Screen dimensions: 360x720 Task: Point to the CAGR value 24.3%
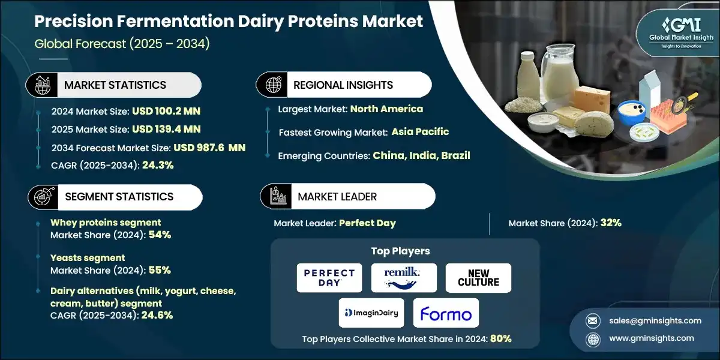158,165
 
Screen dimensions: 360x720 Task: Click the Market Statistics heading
115,85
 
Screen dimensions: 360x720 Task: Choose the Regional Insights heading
343,85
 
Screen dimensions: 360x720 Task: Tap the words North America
386,109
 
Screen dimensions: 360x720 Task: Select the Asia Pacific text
420,131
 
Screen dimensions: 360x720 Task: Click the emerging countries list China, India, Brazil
421,155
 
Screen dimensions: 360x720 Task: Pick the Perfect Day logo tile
329,278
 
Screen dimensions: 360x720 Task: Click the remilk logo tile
404,278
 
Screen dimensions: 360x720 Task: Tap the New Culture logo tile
478,278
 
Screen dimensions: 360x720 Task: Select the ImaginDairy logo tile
371,313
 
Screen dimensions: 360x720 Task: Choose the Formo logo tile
446,313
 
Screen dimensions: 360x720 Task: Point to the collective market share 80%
500,338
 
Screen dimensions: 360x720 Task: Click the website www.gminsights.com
650,338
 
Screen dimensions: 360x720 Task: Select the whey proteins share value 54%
160,235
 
